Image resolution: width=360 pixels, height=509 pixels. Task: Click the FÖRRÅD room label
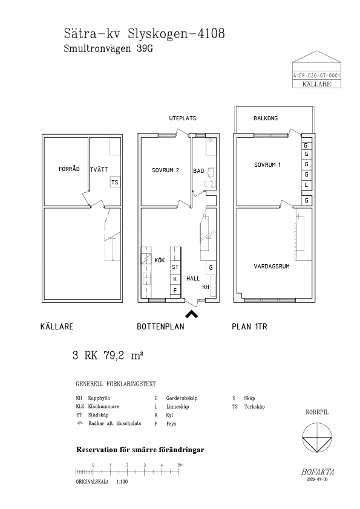[x=69, y=169]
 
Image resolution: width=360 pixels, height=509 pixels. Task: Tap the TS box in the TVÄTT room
[x=115, y=182]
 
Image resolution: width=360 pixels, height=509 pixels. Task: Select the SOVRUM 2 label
[x=165, y=170]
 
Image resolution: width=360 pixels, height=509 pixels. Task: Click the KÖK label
[x=160, y=261]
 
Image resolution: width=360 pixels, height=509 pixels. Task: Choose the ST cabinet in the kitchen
[x=175, y=267]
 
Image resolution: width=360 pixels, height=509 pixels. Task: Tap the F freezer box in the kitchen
[x=175, y=291]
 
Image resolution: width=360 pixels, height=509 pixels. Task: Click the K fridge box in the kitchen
[x=175, y=279]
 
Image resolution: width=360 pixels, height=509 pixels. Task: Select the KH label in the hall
[x=206, y=287]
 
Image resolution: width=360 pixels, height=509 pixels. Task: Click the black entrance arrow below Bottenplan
[x=191, y=314]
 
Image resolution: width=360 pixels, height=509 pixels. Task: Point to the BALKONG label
[x=266, y=118]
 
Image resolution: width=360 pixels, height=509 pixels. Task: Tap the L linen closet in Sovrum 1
[x=306, y=186]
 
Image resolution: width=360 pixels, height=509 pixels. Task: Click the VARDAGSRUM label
[x=272, y=266]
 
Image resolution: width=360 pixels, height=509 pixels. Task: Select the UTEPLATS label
[x=183, y=118]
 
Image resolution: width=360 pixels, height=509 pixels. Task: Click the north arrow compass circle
[x=317, y=438]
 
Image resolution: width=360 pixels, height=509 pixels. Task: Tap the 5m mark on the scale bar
[x=180, y=465]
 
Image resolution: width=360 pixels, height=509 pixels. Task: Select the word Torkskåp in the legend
[x=254, y=407]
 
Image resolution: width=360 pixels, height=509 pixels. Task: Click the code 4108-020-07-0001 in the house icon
[x=317, y=76]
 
